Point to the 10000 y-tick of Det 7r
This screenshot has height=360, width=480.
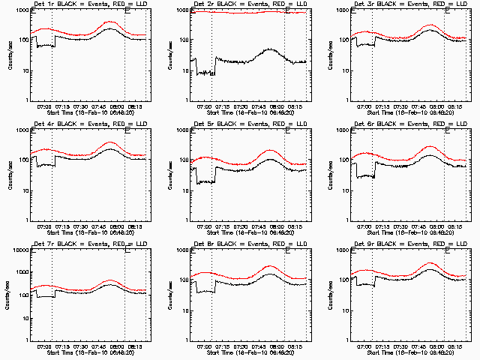[x=21, y=250]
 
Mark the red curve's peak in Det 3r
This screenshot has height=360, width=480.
[x=430, y=25]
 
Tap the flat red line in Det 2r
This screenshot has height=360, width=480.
[x=240, y=12]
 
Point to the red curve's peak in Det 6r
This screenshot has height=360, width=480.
[x=430, y=147]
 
